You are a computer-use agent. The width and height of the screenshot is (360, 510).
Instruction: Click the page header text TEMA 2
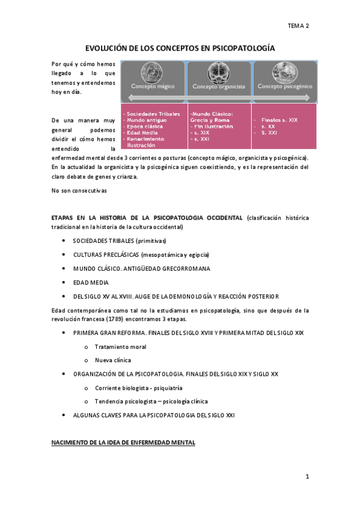(298, 26)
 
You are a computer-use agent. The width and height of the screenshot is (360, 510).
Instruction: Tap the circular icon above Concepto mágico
(153, 72)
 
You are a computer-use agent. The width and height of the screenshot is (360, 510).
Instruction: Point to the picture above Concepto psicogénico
(285, 72)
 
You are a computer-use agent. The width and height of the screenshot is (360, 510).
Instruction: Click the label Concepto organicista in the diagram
(219, 87)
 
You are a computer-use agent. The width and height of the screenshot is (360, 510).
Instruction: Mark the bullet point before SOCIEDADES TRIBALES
(64, 241)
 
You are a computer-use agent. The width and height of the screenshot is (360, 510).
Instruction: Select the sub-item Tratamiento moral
(120, 346)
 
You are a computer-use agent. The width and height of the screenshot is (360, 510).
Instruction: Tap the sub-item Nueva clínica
(112, 360)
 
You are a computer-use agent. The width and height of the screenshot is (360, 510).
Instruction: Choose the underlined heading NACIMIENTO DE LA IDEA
(123, 443)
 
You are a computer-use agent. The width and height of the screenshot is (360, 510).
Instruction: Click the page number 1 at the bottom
(307, 476)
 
